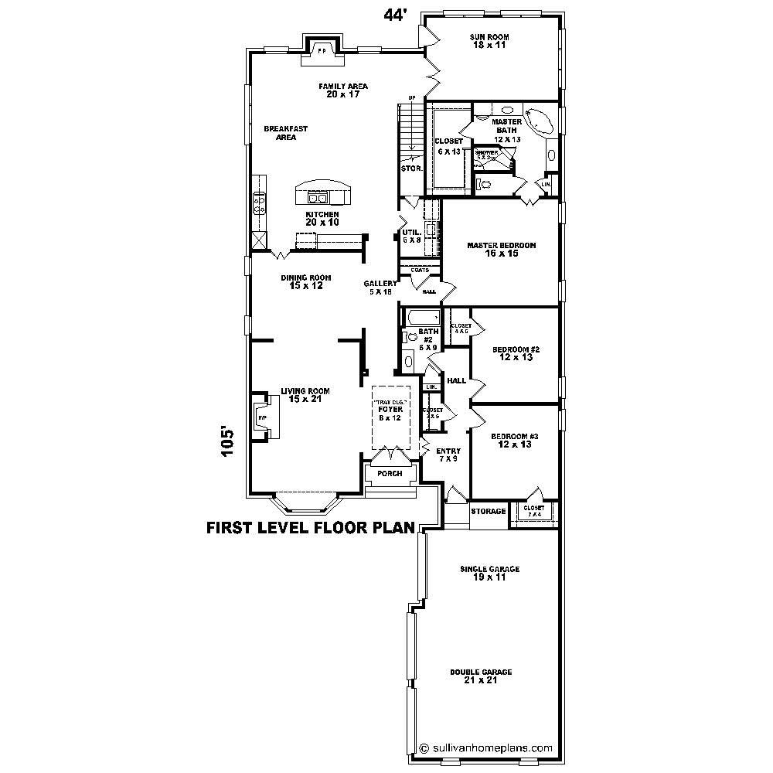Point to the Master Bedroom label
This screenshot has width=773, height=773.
tap(501, 249)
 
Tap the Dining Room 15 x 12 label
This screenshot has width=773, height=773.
tap(306, 281)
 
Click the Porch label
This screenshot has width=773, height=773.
tap(390, 473)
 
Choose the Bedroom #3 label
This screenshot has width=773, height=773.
tap(514, 440)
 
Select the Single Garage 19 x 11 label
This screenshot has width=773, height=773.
tap(489, 573)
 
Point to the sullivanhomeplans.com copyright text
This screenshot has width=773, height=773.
tap(485, 747)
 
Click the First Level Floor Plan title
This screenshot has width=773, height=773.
tap(310, 529)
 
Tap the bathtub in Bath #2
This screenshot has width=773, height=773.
tap(422, 317)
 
